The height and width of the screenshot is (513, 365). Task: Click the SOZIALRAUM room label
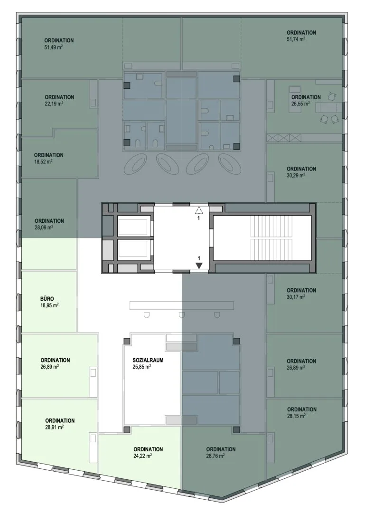tap(148, 360)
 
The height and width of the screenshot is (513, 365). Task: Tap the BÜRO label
tap(47, 299)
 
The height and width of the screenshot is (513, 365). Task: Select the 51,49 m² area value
tap(53, 47)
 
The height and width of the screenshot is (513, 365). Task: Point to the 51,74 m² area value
tap(296, 39)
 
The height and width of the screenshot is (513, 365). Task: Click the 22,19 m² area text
tap(54, 104)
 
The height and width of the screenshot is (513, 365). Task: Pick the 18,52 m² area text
tap(43, 161)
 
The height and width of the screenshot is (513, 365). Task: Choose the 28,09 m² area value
tap(44, 228)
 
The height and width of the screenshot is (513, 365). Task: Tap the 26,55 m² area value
tap(300, 104)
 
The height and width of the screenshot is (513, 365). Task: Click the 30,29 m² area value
tap(296, 175)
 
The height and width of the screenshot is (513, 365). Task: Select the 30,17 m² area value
tap(296, 297)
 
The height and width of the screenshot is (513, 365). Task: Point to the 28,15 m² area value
tap(296, 416)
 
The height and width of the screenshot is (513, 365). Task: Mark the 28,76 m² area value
tap(215, 456)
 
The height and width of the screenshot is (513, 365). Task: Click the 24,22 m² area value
tap(142, 456)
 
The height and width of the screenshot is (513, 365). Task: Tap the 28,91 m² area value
tap(54, 427)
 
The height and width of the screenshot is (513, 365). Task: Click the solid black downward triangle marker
tap(198, 266)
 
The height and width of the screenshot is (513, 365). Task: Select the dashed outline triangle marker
tap(198, 210)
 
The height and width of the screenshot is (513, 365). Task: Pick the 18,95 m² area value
tap(49, 305)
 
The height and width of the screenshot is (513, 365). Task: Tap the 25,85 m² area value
tap(141, 367)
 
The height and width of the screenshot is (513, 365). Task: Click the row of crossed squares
tap(283, 138)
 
